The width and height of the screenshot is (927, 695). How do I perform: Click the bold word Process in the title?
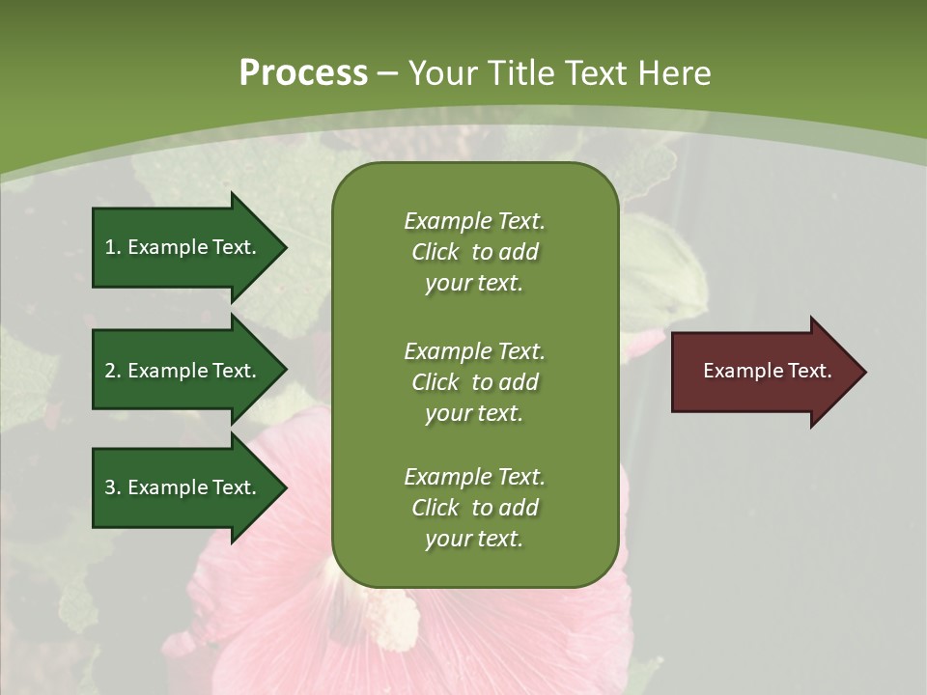point(303,73)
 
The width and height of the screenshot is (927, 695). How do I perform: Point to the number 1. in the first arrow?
point(112,247)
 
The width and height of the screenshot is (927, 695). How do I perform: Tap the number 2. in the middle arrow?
point(112,371)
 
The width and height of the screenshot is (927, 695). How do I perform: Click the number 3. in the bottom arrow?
point(112,487)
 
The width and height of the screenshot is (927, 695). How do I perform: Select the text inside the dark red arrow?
point(768,371)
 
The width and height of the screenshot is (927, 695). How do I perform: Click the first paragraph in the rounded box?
point(474,252)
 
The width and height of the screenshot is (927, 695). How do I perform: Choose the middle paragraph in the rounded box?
point(474,382)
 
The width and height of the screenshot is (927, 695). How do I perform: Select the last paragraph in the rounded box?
point(474,508)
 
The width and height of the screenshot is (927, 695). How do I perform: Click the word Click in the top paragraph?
point(435,253)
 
